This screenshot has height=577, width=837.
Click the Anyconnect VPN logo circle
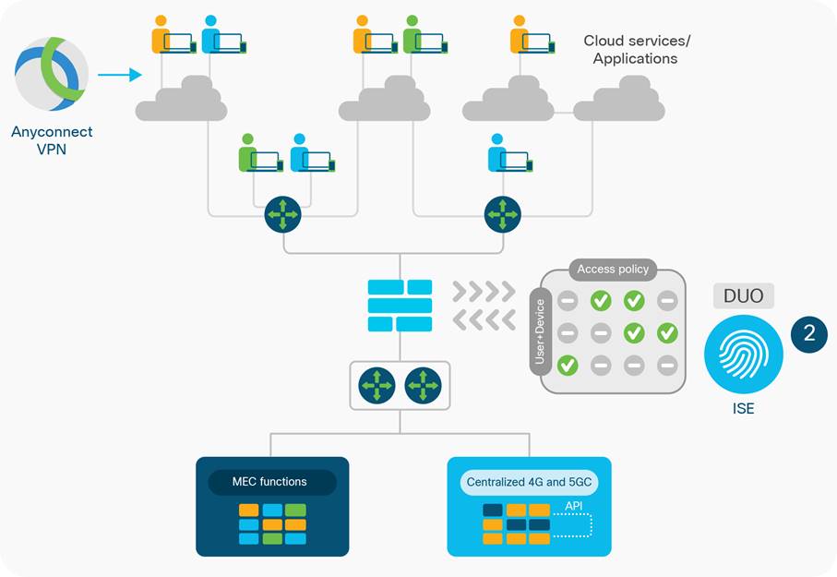(52, 74)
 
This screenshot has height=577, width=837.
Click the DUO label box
(743, 295)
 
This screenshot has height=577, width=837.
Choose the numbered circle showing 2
(809, 333)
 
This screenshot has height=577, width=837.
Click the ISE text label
(743, 407)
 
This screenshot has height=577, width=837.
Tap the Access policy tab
(613, 270)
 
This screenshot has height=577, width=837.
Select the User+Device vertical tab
(540, 331)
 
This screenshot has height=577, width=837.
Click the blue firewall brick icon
(400, 306)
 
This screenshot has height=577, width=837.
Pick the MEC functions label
(269, 482)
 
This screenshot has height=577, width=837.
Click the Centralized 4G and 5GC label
(529, 482)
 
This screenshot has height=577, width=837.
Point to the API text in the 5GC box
(573, 505)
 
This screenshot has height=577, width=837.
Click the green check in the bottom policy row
(568, 366)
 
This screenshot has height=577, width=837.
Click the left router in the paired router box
(377, 384)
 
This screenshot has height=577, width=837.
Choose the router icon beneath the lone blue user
(502, 214)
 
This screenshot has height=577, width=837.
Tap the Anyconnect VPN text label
(52, 139)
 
